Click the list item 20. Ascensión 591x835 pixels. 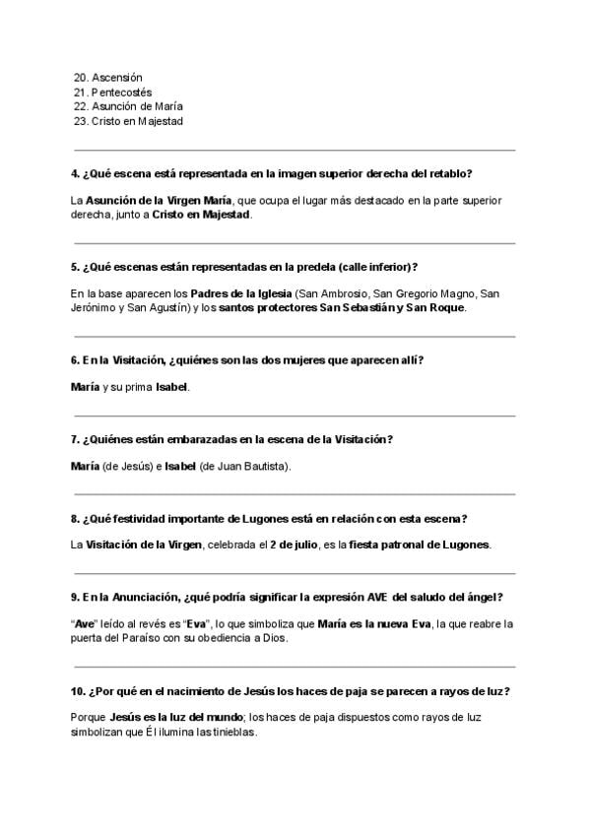tap(108, 77)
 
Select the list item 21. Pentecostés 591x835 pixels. tap(113, 92)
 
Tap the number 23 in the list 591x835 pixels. tap(80, 121)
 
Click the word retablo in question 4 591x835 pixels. tap(451, 173)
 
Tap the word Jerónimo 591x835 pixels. tap(96, 307)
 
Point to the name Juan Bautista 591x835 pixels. tap(259, 466)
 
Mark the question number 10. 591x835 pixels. tap(78, 690)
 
